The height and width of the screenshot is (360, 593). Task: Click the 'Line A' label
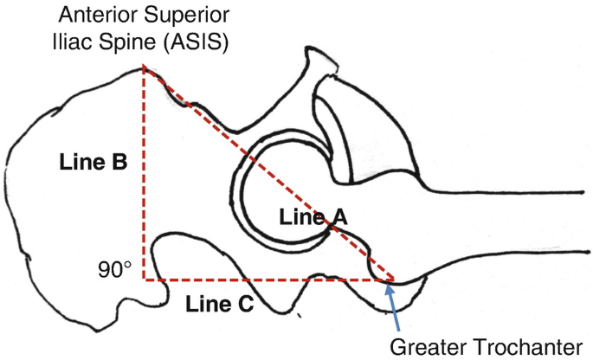click(313, 220)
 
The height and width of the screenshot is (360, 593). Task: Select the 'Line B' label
click(93, 161)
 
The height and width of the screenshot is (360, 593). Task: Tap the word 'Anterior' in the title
click(93, 15)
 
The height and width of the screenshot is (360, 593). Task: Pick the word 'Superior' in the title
click(184, 15)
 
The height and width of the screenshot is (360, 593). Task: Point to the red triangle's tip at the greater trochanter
click(394, 280)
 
